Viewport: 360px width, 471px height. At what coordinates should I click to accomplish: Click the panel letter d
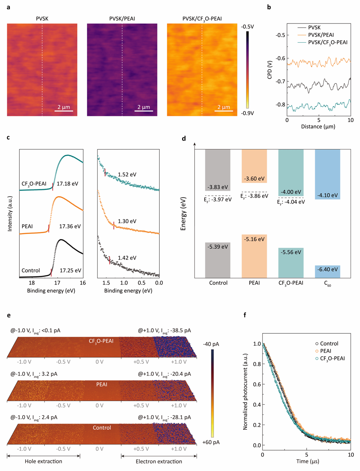coord(184,139)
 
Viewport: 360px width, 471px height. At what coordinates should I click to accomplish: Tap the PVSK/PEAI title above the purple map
coord(122,19)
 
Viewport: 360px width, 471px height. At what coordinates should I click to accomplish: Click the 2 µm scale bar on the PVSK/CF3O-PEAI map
coord(224,110)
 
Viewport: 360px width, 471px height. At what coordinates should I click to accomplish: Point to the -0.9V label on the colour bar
coord(247,113)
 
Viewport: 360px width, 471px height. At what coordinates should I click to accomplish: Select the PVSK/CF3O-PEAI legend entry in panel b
coord(327,43)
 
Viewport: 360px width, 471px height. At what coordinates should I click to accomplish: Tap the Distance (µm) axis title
coord(318,126)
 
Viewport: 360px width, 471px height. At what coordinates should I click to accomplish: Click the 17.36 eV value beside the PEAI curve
coord(70,226)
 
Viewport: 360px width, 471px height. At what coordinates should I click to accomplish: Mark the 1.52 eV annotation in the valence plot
coord(127,175)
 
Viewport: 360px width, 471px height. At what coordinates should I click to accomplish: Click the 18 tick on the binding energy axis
coord(32,283)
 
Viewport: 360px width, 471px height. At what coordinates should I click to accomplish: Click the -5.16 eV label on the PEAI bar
coord(254,239)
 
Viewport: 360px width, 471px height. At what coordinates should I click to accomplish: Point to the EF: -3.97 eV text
coord(218,200)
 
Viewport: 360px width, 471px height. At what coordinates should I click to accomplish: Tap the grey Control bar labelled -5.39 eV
coord(218,260)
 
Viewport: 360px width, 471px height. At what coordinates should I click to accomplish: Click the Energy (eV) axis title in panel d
coord(183,214)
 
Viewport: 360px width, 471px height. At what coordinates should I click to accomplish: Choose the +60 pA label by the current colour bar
coord(211,442)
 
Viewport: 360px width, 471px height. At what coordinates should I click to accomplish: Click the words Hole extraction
coord(43,461)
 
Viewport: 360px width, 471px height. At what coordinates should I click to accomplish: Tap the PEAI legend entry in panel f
coord(325,351)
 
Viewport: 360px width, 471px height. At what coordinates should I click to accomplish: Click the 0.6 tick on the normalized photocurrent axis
coord(257,384)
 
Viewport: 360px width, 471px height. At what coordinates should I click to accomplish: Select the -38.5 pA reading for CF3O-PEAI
coord(181,331)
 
